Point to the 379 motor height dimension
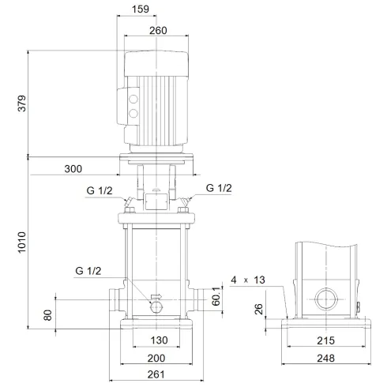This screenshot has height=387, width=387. (22, 103)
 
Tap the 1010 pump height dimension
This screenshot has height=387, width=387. (22, 242)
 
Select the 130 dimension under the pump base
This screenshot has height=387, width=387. (156, 341)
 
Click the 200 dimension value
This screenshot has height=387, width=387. (156, 358)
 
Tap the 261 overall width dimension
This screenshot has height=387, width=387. (156, 374)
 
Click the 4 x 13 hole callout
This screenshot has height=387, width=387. (250, 280)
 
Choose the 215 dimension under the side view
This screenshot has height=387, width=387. (325, 341)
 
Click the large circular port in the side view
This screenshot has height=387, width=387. (325, 300)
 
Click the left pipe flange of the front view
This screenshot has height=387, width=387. (113, 300)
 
